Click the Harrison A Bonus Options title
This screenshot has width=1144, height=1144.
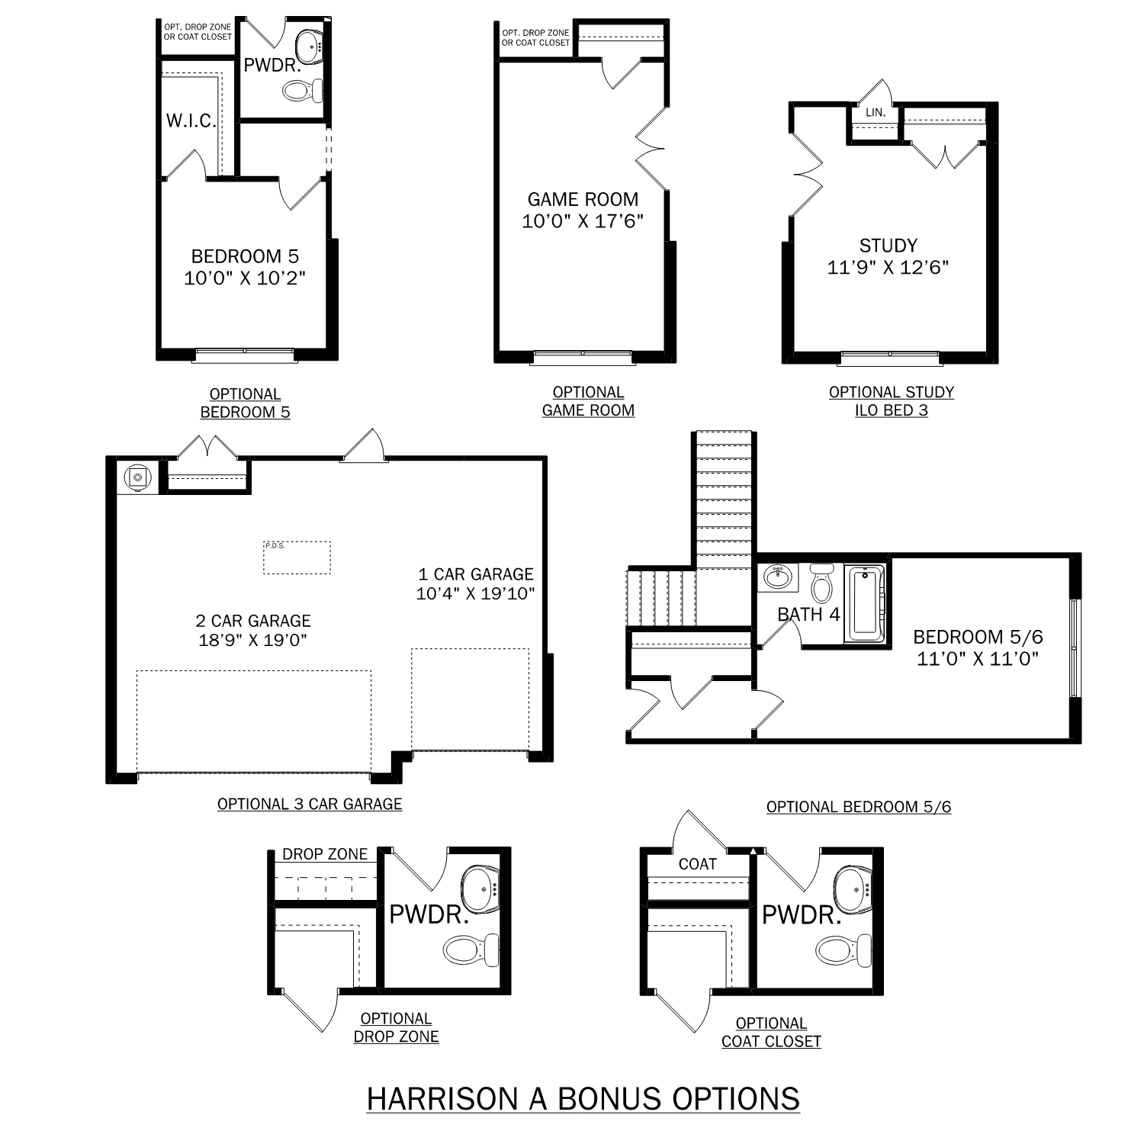click(x=583, y=1099)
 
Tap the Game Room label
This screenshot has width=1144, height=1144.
click(x=583, y=200)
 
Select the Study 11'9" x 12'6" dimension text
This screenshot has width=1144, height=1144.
click(x=888, y=268)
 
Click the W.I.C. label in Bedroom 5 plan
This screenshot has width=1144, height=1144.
click(x=191, y=121)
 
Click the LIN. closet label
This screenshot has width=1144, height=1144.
click(x=875, y=112)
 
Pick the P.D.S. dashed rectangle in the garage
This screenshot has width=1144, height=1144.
click(x=297, y=558)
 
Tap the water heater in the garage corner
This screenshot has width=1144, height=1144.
click(x=137, y=477)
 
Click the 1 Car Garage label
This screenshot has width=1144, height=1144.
click(x=476, y=574)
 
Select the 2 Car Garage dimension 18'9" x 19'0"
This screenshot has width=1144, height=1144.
click(x=252, y=640)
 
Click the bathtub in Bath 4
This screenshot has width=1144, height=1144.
click(x=866, y=603)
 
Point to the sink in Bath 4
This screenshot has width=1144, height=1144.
click(x=777, y=577)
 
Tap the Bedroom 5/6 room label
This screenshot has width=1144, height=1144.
click(x=978, y=637)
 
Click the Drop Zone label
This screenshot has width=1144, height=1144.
click(x=325, y=854)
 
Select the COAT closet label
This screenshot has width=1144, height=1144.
click(x=697, y=864)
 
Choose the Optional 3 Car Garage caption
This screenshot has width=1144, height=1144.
click(x=310, y=804)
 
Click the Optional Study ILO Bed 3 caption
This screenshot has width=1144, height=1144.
click(x=891, y=401)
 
